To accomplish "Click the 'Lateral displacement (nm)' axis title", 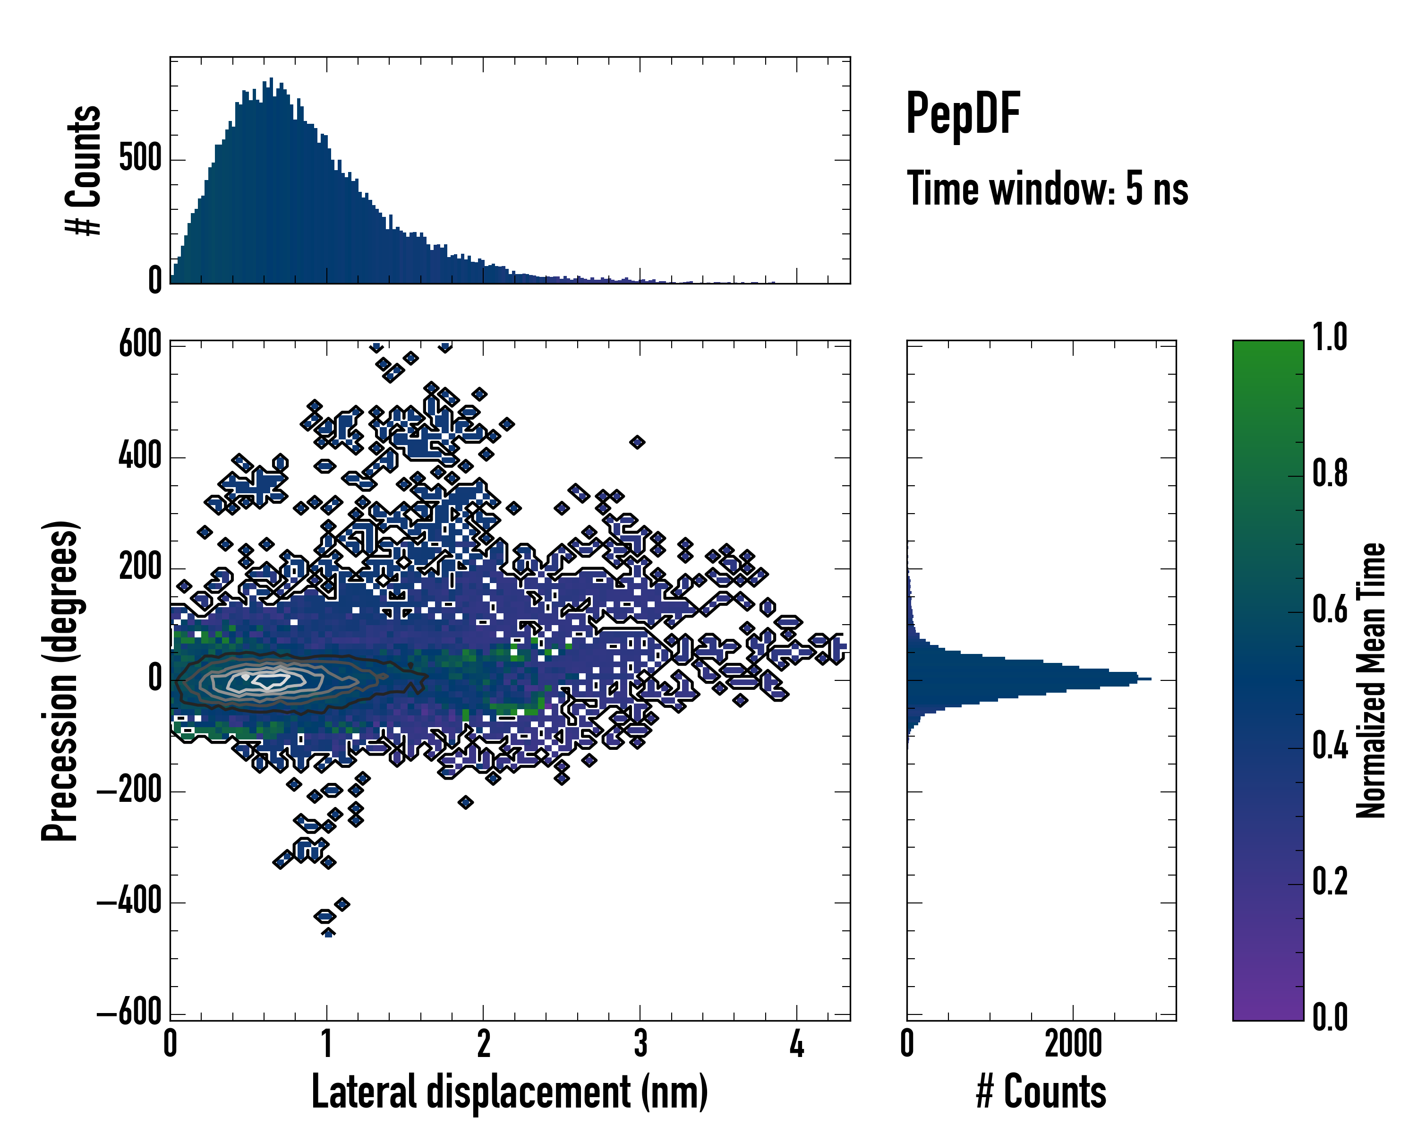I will (x=509, y=1092).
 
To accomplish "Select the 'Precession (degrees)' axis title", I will (x=60, y=680).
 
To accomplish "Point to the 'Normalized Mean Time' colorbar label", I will (x=1371, y=680).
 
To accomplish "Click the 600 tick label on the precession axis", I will (x=140, y=344).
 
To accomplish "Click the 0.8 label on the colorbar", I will (x=1330, y=473).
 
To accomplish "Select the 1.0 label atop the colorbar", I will (x=1330, y=338).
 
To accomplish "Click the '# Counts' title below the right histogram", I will (x=1041, y=1092).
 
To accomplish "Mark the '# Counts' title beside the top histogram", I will (x=84, y=170).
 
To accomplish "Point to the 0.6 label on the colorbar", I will (x=1330, y=610).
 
